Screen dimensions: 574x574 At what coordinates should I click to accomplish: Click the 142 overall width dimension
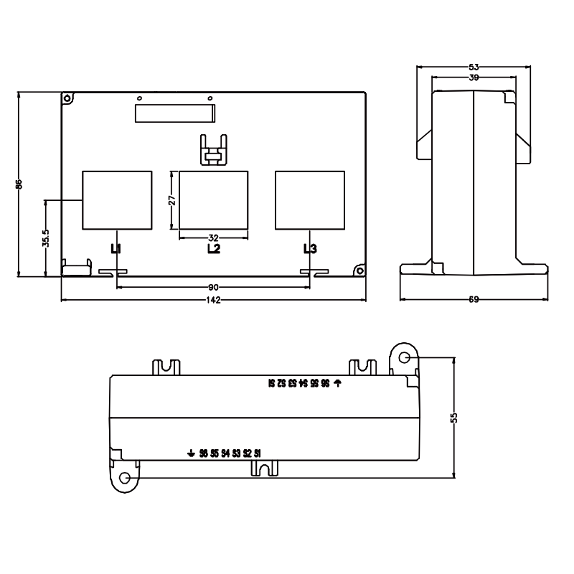point(213,299)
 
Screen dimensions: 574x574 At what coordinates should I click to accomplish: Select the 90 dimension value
point(213,287)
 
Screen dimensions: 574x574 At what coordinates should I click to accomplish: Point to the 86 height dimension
point(19,184)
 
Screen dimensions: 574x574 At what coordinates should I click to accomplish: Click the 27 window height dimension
point(172,200)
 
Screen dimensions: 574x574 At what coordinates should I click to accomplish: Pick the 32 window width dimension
point(213,237)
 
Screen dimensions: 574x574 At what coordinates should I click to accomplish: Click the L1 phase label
point(116,249)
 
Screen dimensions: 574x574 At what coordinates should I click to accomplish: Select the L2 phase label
point(213,249)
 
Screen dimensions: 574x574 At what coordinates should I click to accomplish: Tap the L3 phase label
point(310,249)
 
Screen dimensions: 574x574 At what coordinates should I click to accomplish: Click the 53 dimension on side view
point(474,67)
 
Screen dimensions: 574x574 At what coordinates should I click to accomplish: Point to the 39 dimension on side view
point(474,77)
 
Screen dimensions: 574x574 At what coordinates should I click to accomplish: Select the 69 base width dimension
point(474,299)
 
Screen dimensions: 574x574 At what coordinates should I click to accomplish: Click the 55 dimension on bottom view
point(453,418)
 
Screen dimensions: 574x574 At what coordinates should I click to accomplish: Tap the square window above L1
point(117,200)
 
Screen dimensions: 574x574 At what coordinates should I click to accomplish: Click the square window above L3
point(309,200)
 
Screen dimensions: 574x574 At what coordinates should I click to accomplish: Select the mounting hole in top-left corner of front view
point(67,98)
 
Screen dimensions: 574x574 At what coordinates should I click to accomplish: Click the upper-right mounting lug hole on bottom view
point(404,357)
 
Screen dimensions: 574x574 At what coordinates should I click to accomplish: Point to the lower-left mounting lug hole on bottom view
point(126,478)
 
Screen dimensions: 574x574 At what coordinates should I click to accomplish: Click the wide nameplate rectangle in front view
point(174,113)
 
